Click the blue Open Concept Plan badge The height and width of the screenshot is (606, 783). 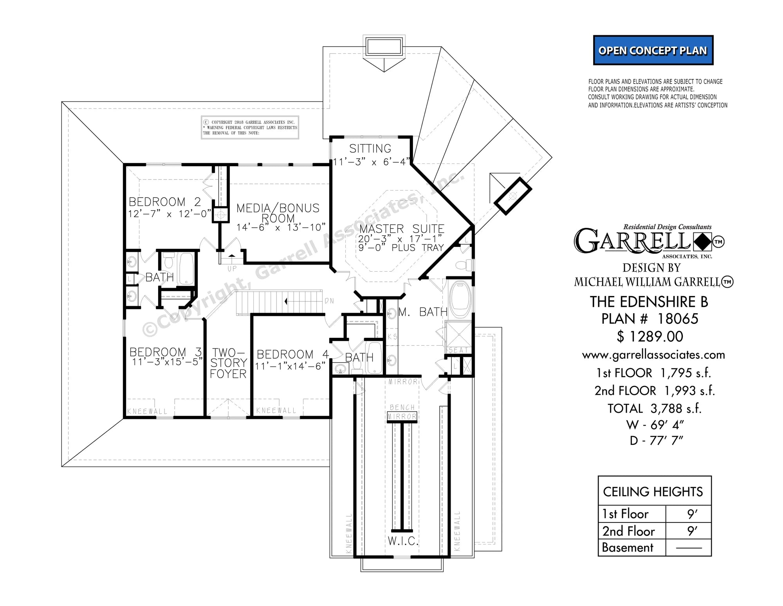(653, 51)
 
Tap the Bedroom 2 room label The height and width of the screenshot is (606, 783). (165, 202)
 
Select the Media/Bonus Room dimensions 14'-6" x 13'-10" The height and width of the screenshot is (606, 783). (281, 227)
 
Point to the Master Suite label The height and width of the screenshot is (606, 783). (401, 229)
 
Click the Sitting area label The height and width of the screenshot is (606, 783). (370, 149)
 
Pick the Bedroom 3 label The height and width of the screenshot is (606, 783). (165, 352)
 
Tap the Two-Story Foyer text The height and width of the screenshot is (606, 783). (228, 363)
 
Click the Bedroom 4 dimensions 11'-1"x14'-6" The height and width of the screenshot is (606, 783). (290, 366)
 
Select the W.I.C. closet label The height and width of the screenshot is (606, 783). (403, 541)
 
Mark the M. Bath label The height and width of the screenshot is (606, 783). (423, 312)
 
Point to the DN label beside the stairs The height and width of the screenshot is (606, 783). (329, 301)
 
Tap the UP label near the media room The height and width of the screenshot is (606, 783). (232, 269)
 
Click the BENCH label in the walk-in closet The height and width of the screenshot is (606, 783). (402, 407)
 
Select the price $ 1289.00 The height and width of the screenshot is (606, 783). (650, 336)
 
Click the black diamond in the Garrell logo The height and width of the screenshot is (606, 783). (703, 242)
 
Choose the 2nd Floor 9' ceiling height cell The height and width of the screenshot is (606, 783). (692, 531)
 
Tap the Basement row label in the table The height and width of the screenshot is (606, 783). (628, 548)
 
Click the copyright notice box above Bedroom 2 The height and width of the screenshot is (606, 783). (250, 127)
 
